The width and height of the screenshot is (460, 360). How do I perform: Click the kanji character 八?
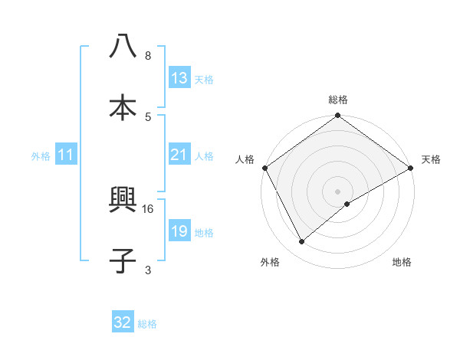pos(123,47)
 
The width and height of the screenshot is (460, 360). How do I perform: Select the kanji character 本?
pos(123,107)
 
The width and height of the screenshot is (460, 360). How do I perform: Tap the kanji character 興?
pos(123,205)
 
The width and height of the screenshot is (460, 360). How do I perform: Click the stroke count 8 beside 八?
pos(148,56)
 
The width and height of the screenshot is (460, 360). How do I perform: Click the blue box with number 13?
pos(179,78)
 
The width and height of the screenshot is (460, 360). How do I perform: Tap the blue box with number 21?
pos(179,155)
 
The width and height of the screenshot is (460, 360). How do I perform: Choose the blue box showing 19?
pos(179,231)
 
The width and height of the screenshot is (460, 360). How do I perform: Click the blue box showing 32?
pos(123,322)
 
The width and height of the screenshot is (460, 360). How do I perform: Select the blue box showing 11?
pos(66,155)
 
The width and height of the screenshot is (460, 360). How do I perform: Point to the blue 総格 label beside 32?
pos(148,324)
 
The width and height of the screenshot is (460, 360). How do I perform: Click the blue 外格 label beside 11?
pos(41,155)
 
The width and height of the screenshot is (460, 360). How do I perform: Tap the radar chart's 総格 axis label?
pos(338,100)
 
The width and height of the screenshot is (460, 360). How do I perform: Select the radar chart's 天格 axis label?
pos(431,159)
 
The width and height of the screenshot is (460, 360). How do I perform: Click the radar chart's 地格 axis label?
pos(402,262)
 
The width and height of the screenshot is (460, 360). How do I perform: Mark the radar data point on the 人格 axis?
pos(264,167)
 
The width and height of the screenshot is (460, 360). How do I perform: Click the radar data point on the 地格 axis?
pos(347,204)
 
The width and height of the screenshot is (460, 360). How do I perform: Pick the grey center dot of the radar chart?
pos(338,191)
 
